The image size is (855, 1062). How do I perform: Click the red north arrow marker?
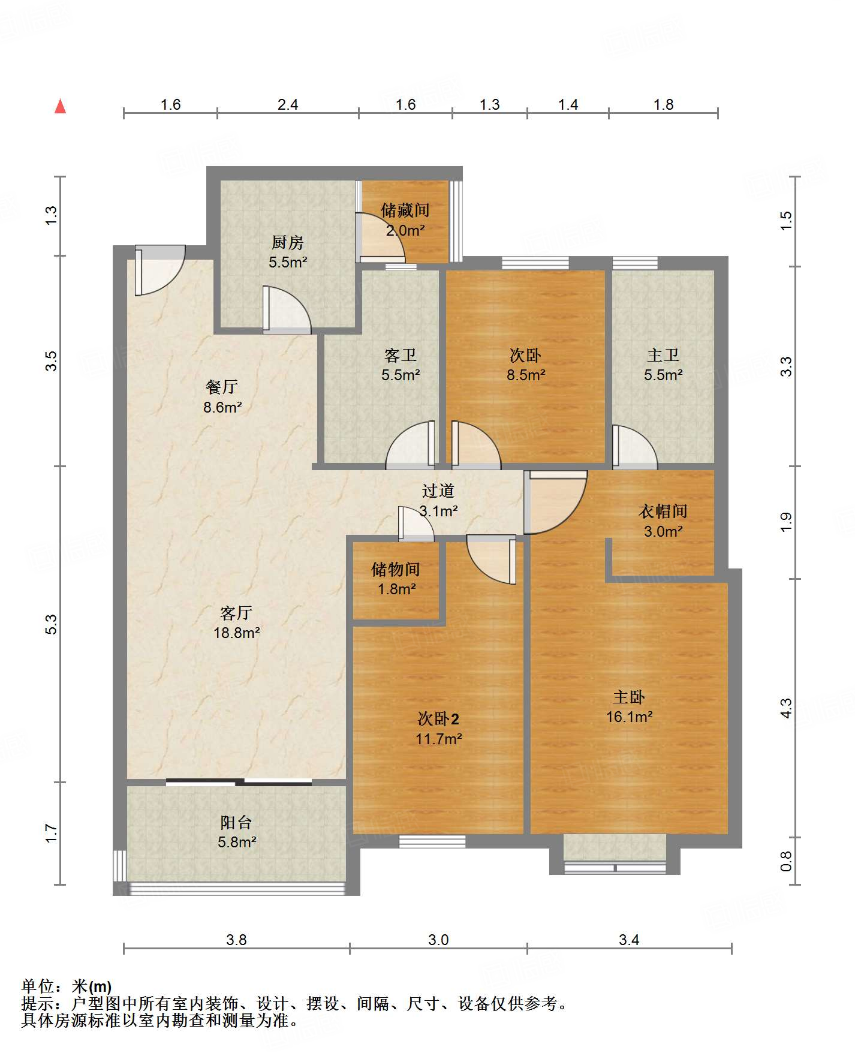[60, 106]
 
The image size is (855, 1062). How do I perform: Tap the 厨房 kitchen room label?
[288, 242]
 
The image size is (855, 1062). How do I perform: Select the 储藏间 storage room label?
[405, 210]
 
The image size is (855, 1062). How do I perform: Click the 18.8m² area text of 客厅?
[237, 633]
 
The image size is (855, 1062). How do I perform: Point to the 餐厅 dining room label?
[222, 387]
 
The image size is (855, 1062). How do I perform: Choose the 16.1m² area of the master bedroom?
[629, 717]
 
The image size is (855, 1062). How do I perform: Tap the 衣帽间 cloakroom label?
[663, 511]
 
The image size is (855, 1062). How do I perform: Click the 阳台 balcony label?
[236, 822]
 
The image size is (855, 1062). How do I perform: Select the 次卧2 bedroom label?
[438, 718]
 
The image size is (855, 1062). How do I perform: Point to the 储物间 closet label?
[396, 569]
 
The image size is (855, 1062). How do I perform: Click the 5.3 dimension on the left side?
[52, 624]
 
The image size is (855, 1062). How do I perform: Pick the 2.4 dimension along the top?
[288, 105]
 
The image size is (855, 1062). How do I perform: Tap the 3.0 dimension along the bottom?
[438, 940]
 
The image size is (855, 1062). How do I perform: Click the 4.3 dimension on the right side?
[786, 708]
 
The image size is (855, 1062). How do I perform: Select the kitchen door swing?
[287, 310]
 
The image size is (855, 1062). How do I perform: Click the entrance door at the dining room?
[159, 270]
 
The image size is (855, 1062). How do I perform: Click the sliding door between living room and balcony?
[239, 781]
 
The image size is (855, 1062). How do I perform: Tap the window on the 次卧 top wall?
[535, 263]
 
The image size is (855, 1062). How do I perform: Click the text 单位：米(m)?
[67, 986]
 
